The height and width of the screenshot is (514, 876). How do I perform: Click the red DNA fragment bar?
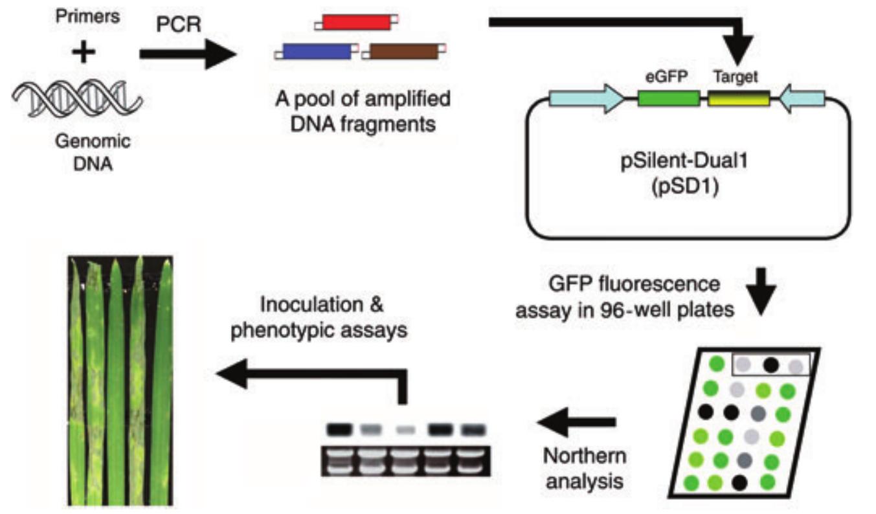[357, 21]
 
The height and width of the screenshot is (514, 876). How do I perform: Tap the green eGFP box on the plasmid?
[668, 98]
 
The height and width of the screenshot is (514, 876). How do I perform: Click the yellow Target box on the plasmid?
[738, 98]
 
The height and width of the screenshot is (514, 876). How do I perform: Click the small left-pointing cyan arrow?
[802, 98]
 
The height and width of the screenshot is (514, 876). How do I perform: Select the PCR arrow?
[188, 55]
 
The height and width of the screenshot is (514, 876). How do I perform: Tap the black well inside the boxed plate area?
[770, 364]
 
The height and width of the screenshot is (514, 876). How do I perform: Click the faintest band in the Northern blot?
[404, 430]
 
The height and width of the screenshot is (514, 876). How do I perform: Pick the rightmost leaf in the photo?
[161, 382]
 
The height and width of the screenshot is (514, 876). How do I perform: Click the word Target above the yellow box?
[736, 76]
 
